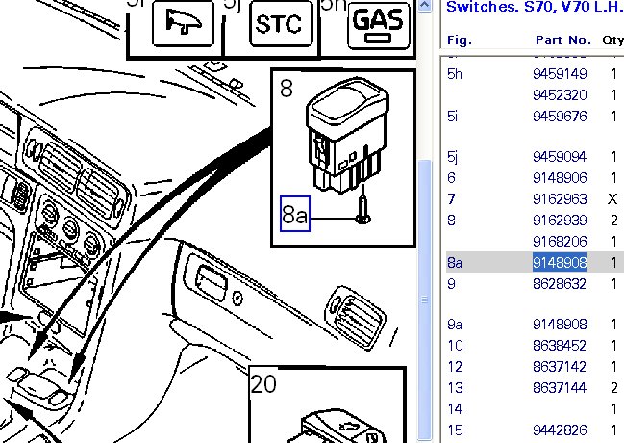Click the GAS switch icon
[376, 25]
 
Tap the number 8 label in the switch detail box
[287, 89]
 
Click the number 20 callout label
[262, 385]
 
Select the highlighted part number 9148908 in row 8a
[559, 263]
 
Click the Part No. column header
[562, 40]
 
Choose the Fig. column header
[460, 40]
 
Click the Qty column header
[612, 40]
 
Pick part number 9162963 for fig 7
[559, 199]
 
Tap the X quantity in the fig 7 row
[613, 199]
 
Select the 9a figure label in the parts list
[456, 325]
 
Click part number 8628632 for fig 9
[559, 284]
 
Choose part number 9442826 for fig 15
[559, 429]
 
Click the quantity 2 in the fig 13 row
[613, 387]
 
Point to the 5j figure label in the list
[453, 157]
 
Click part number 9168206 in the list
[559, 241]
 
